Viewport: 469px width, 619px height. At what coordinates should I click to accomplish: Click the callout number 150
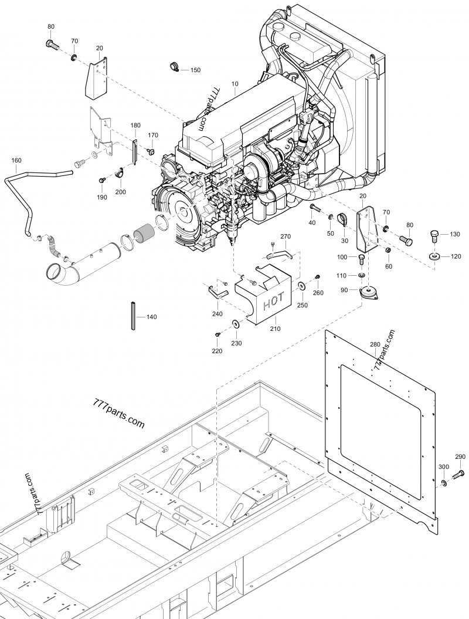195,70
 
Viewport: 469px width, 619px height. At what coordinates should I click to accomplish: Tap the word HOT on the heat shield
273,303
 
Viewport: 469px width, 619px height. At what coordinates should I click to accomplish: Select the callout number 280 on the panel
375,344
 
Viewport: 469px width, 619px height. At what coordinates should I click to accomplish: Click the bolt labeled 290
458,472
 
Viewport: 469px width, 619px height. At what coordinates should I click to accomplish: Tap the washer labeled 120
435,256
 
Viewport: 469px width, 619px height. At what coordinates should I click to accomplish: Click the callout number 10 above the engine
235,84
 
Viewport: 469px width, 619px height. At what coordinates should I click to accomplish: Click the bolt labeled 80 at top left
51,43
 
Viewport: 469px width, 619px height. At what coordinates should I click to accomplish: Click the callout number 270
286,236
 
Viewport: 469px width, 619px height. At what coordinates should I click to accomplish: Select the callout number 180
135,126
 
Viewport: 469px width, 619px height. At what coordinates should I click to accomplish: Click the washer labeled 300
444,482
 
